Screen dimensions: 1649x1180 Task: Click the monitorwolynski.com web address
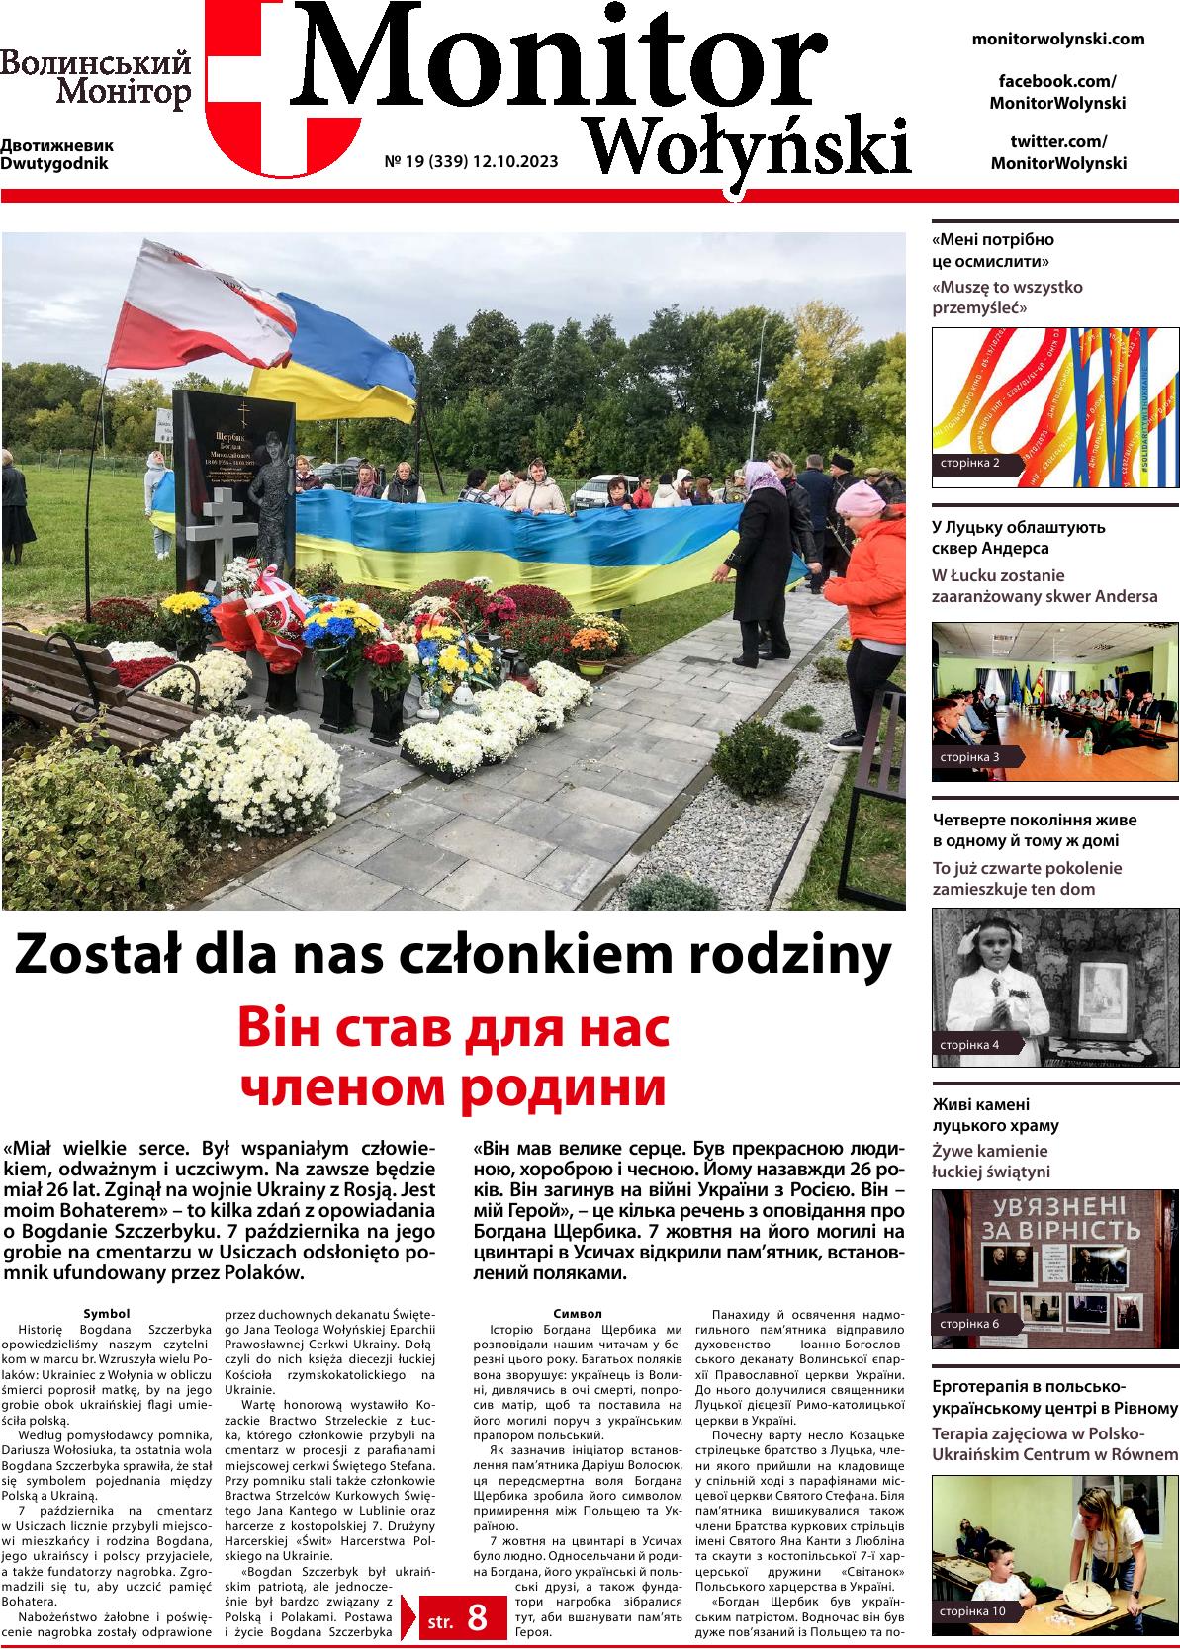tap(1057, 39)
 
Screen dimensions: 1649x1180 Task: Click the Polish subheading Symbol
tap(107, 1313)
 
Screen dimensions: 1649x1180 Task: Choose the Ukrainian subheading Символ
tap(578, 1313)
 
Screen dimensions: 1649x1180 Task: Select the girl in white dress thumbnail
tap(1055, 986)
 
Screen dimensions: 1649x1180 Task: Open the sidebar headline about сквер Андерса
tap(1018, 537)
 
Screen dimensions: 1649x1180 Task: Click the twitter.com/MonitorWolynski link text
tap(1057, 152)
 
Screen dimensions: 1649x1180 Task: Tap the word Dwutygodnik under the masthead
tap(54, 163)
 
